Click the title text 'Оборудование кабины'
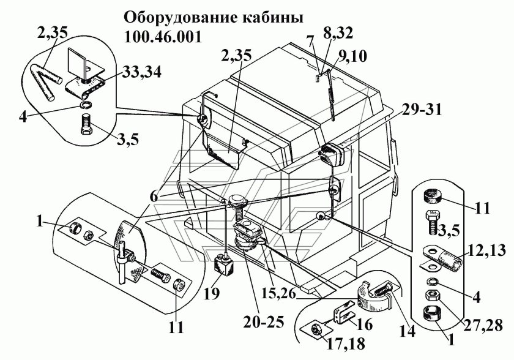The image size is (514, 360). tap(214, 17)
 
